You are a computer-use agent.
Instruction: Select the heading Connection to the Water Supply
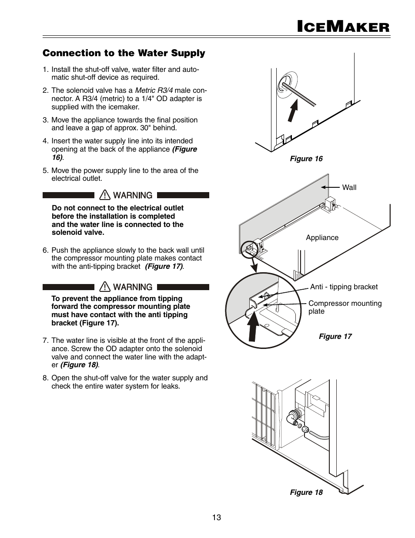click(x=124, y=53)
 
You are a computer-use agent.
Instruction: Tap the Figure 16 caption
click(x=306, y=159)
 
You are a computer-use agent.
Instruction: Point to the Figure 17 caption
click(x=335, y=336)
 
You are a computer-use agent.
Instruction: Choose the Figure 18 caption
click(x=306, y=492)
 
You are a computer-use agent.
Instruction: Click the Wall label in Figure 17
click(x=349, y=187)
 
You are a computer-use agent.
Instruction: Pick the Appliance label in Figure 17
click(x=322, y=237)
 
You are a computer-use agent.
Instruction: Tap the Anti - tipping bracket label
click(x=344, y=287)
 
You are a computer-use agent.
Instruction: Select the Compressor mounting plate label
click(x=345, y=307)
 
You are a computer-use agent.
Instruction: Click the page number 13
click(x=217, y=518)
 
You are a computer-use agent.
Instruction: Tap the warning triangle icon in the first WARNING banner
click(x=105, y=195)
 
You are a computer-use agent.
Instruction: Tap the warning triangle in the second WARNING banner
click(x=105, y=287)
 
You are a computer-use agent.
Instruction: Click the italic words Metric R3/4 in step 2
click(x=154, y=91)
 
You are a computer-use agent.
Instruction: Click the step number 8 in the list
click(x=45, y=378)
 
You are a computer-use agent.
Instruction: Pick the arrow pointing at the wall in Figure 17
click(x=331, y=187)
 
